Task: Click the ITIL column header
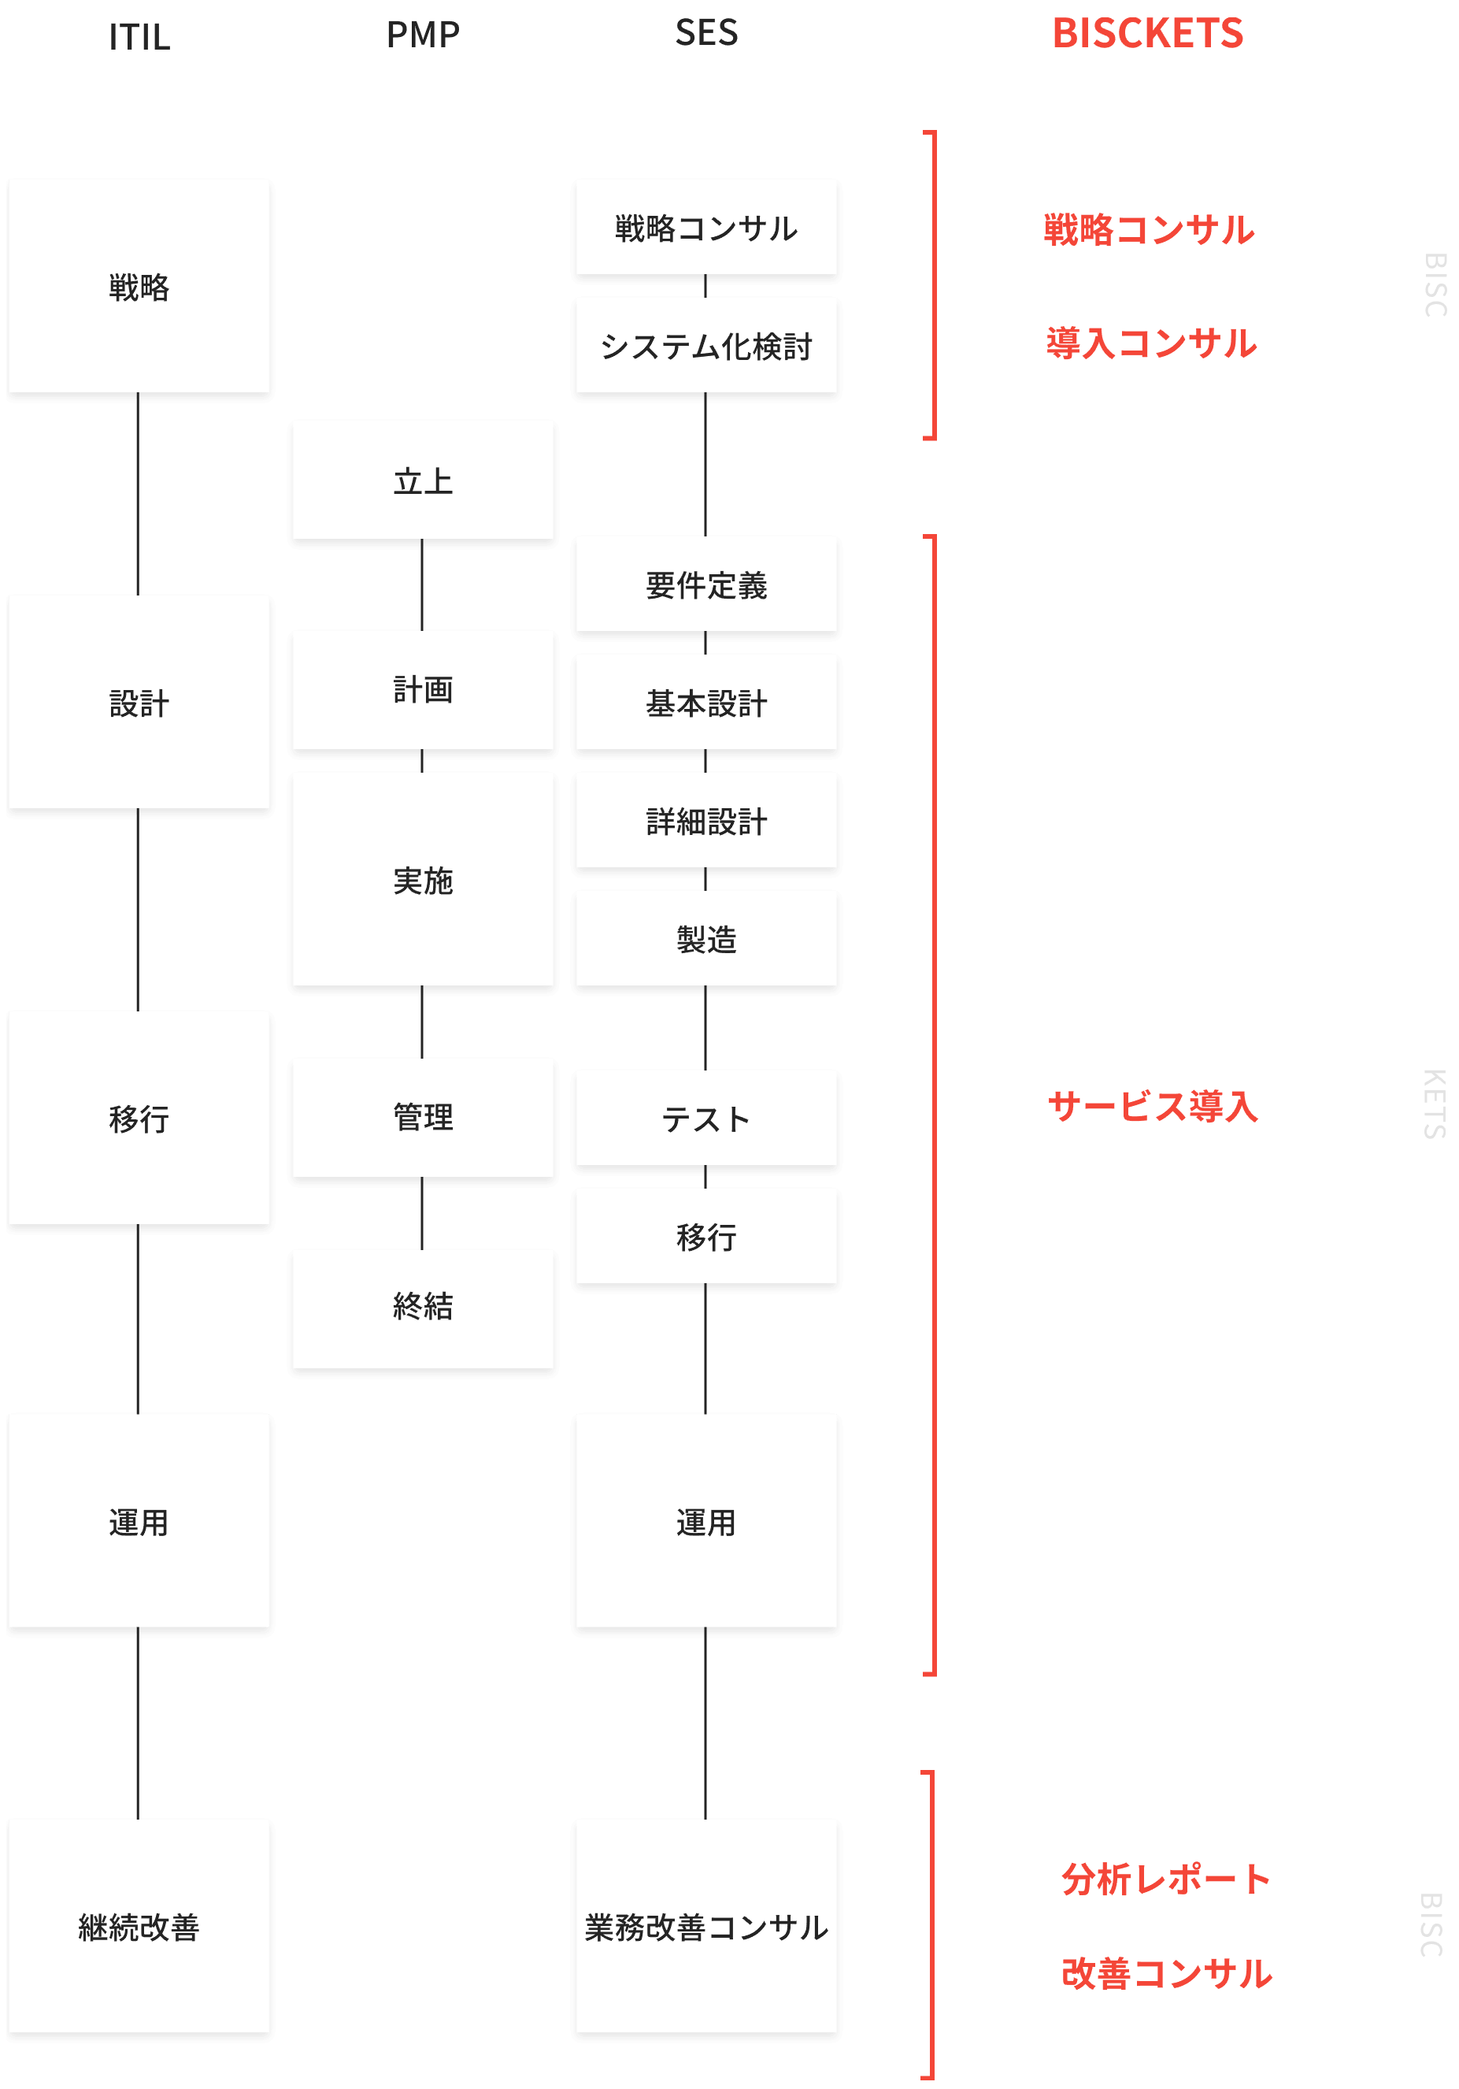139,37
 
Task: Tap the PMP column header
423,35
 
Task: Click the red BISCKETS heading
1147,34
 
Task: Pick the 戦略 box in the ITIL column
139,286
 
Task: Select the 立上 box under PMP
423,480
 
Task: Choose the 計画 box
423,690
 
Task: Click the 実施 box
423,879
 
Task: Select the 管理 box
423,1117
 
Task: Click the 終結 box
423,1308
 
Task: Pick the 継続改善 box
139,1926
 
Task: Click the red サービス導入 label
1153,1107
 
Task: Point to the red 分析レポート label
1165,1879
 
